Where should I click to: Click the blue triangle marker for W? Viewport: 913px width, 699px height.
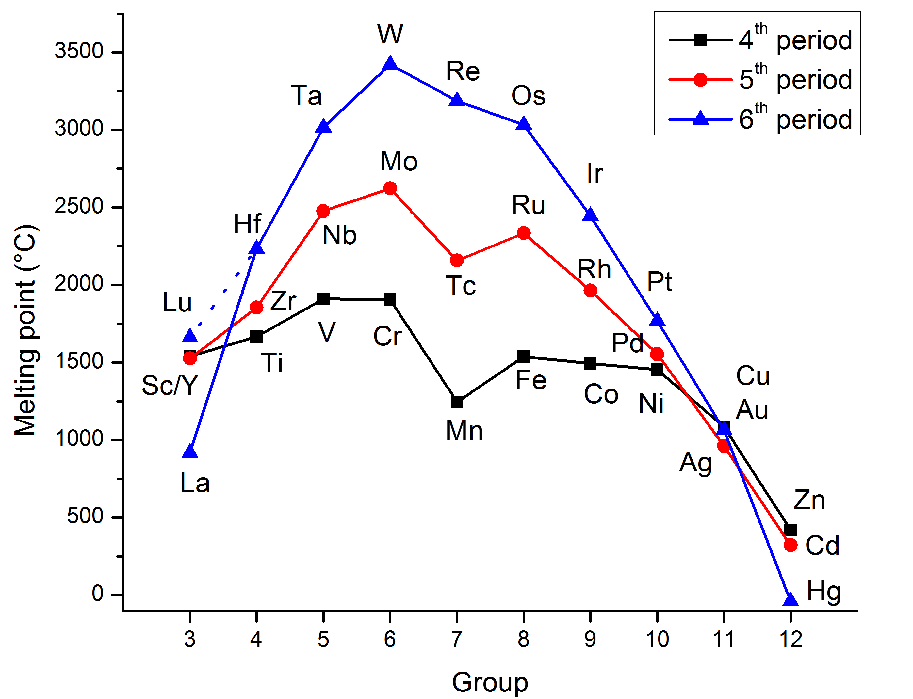tap(390, 64)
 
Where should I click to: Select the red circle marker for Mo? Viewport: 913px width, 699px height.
tap(390, 188)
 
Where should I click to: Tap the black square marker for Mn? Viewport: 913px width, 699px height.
tap(457, 402)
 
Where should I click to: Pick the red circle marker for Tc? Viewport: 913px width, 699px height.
tap(457, 261)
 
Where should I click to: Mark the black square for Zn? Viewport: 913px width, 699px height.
tap(791, 530)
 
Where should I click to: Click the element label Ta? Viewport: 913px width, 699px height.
tap(306, 96)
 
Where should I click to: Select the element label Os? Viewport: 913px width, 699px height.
tap(528, 96)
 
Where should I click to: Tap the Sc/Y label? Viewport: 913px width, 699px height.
tap(170, 385)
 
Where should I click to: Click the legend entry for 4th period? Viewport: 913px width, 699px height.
tap(760, 40)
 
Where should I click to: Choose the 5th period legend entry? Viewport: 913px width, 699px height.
tap(760, 79)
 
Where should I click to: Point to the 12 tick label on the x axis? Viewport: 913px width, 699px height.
tap(791, 639)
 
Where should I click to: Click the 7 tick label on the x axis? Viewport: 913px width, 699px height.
tap(457, 639)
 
